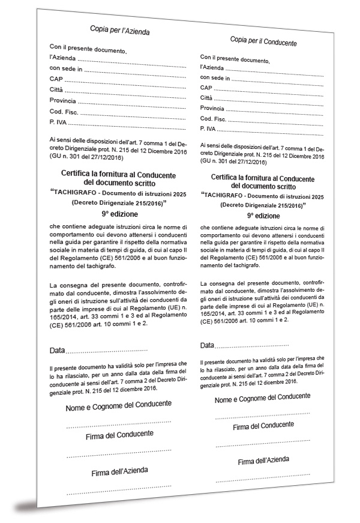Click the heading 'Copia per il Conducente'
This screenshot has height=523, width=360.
point(263,43)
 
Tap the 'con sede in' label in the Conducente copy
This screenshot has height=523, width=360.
point(215,77)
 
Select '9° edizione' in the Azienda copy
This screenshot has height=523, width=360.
point(119,214)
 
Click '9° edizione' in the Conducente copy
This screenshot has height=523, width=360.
point(263,216)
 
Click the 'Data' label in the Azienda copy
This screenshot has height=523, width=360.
point(57,350)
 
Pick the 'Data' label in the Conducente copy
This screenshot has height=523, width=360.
point(206,346)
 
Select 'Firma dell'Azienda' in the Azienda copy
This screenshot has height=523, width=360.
point(120,471)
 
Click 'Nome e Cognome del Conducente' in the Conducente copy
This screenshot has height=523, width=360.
point(262,398)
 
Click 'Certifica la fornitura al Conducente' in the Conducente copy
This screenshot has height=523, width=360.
point(263,177)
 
